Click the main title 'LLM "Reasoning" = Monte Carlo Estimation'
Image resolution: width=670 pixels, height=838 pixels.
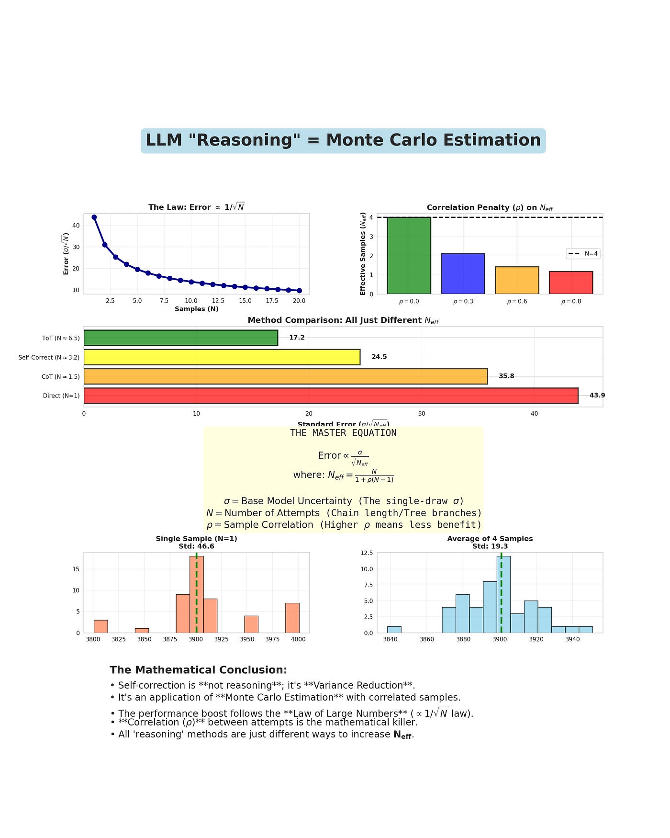[343, 140]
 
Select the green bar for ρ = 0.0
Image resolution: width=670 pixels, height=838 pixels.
[409, 255]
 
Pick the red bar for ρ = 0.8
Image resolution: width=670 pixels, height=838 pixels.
[570, 283]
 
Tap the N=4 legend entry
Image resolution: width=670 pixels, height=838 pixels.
[583, 253]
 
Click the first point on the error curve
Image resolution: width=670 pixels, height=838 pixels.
[94, 217]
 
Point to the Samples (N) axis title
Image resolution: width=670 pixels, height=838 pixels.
[196, 309]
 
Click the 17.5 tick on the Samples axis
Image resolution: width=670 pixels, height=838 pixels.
[272, 301]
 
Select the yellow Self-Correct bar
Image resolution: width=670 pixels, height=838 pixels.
[222, 357]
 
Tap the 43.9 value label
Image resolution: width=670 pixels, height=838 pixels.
[597, 396]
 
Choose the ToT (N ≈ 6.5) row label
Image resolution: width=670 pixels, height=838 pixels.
[61, 338]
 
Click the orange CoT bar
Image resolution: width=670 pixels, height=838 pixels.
[285, 376]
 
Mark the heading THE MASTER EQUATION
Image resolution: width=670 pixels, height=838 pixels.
[343, 433]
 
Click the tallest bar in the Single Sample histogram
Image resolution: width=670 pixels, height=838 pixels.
[196, 594]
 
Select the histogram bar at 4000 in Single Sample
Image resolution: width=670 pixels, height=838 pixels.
[292, 618]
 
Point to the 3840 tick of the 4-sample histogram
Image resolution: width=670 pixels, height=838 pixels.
[390, 639]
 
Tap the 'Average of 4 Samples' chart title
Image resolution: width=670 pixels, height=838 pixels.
[490, 539]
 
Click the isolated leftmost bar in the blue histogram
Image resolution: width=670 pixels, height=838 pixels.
[394, 629]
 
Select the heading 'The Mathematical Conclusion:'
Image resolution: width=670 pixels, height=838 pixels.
[198, 670]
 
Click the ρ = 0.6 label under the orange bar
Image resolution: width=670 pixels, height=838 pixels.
[517, 301]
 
